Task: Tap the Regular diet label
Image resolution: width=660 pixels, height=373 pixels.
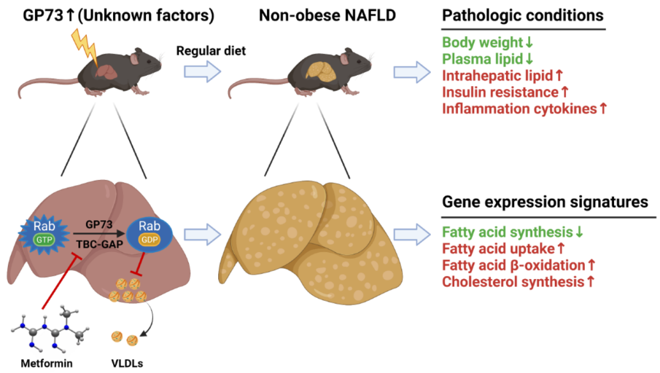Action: [x=211, y=51]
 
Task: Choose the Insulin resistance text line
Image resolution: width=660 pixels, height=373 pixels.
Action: [x=505, y=92]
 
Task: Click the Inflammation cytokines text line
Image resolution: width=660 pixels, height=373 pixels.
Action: [x=525, y=109]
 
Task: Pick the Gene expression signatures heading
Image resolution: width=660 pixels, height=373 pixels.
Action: [x=545, y=201]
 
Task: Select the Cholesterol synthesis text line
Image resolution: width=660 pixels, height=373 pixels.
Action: [x=518, y=282]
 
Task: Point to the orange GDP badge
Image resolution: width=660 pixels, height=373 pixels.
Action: [x=150, y=239]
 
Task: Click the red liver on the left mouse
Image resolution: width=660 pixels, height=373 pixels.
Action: [x=106, y=71]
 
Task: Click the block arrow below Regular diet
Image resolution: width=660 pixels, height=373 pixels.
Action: [x=202, y=72]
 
